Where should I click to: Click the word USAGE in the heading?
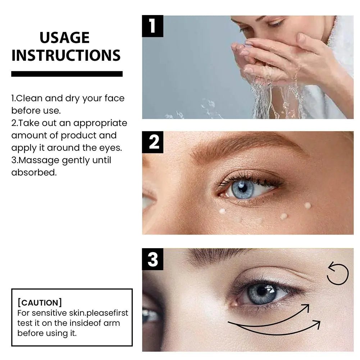click(65, 38)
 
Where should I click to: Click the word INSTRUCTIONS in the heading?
click(66, 55)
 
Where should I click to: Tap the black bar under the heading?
click(67, 74)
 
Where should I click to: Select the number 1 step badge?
click(152, 26)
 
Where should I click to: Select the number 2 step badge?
click(153, 142)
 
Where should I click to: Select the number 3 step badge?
click(153, 259)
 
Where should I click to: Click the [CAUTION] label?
click(40, 303)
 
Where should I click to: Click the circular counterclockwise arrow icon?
click(338, 274)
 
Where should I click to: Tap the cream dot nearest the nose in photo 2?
click(223, 211)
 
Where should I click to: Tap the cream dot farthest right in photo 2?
click(307, 205)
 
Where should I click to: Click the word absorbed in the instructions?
click(34, 172)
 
